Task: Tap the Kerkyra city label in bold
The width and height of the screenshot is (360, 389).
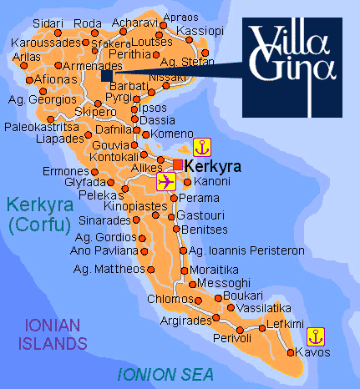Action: (x=210, y=167)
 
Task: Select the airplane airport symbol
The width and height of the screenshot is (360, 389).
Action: (x=166, y=182)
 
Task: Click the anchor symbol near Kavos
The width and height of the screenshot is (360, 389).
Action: (x=315, y=336)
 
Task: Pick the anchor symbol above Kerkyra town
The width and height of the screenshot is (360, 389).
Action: (x=201, y=148)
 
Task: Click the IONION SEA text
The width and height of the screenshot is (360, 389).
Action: (x=165, y=373)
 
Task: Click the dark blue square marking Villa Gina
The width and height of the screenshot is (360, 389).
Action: (x=106, y=76)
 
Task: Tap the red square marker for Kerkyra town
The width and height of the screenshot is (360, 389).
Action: (x=177, y=163)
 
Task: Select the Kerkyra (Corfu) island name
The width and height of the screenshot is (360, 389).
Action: (x=38, y=213)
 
